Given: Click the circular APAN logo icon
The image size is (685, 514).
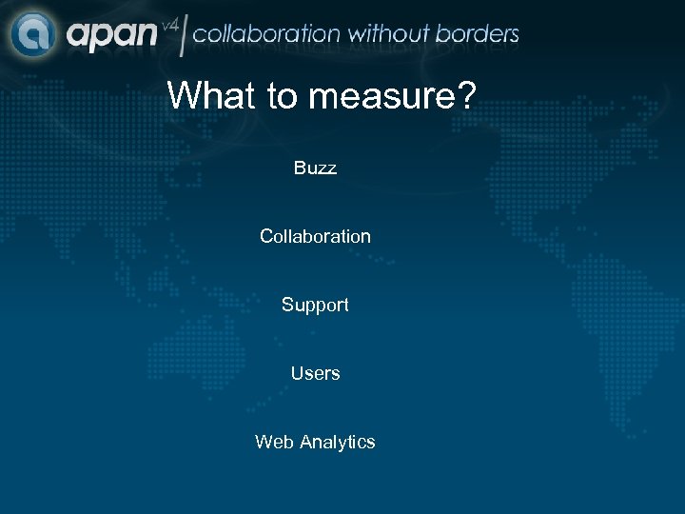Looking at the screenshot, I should pos(34,33).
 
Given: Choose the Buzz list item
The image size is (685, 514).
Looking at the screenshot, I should pos(315,168).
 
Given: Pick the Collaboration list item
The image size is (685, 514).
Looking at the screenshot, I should pos(315,236).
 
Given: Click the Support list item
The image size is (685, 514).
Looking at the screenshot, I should pos(315,305).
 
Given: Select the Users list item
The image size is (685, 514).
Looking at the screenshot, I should pos(315,373).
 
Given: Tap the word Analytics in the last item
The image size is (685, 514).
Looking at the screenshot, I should pos(337,442).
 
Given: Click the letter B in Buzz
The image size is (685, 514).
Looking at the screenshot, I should pos(300,168).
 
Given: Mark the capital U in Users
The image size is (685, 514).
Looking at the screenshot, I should pos(297,373).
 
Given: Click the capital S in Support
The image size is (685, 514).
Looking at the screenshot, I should pos(287,305).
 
